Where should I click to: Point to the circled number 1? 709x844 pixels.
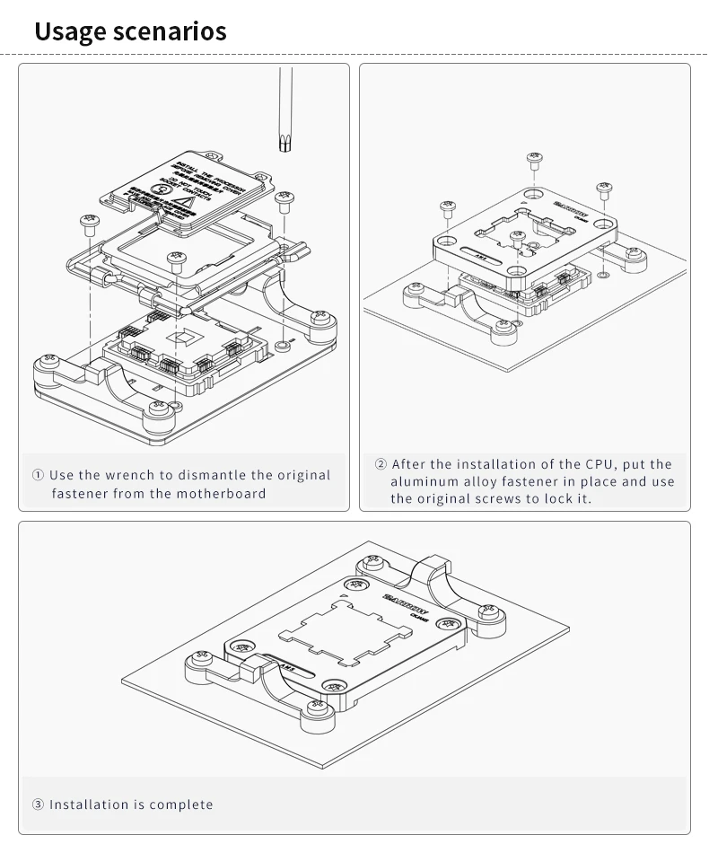(38, 475)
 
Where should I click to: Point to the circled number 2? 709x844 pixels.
(381, 464)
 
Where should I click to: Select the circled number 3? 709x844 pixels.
(38, 804)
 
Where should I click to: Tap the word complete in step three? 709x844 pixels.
(181, 804)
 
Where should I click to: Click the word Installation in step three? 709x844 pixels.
(89, 804)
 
